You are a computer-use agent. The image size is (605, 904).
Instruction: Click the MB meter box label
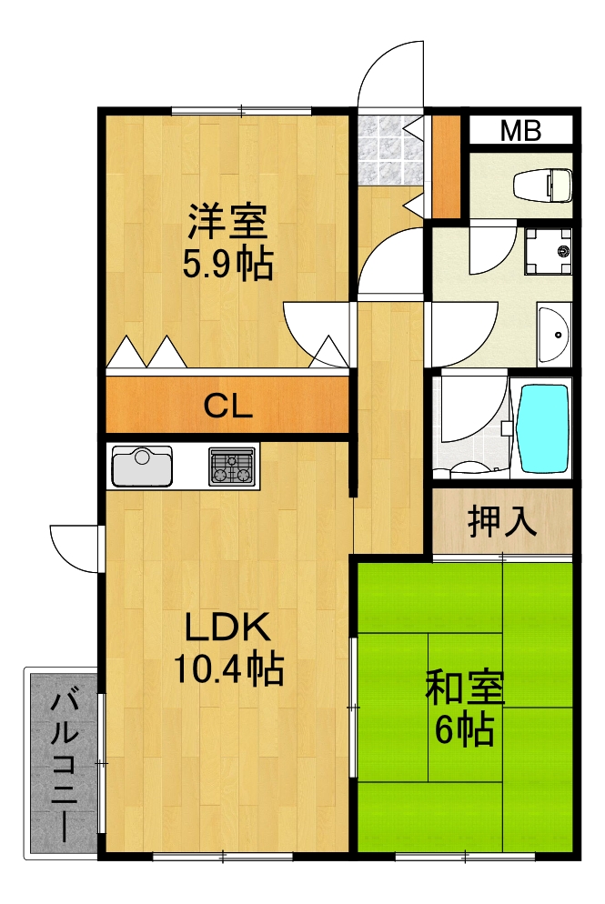[520, 131]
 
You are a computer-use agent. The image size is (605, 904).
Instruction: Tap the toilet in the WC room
[542, 186]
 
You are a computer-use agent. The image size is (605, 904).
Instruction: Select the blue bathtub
[542, 427]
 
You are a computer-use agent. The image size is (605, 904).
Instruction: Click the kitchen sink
[142, 467]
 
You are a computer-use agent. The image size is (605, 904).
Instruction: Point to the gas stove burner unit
[233, 467]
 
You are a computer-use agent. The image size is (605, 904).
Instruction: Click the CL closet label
[227, 407]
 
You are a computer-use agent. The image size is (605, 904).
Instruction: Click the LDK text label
[227, 628]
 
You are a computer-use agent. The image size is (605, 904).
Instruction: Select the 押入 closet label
[501, 522]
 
